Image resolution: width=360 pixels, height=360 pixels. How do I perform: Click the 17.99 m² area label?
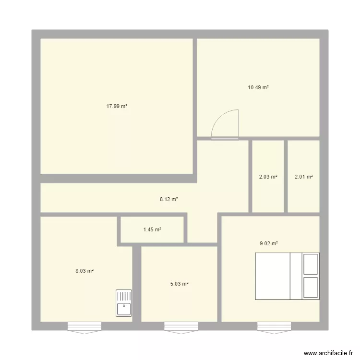point(117,107)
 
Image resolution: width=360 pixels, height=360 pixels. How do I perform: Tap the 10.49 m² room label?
point(258,87)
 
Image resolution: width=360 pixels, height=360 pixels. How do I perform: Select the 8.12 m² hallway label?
point(168,199)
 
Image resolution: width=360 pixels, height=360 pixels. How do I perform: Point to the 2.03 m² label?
point(268,177)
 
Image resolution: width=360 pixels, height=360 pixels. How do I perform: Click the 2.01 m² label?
point(303,177)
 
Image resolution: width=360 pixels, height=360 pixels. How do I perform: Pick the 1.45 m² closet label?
point(152,229)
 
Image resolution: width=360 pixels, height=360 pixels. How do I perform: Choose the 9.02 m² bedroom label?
point(269,243)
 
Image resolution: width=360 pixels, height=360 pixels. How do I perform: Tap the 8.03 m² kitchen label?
point(84,271)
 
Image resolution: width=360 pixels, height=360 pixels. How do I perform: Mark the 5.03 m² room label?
point(179,284)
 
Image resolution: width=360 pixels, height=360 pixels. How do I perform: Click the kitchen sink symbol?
point(124,303)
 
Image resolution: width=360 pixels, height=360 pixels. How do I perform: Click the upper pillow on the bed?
point(311,264)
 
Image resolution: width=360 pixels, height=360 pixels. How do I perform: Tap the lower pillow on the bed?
point(311,288)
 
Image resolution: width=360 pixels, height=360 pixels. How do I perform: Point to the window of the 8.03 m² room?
point(84,327)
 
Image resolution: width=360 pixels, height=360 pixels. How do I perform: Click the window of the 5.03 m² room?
point(181,327)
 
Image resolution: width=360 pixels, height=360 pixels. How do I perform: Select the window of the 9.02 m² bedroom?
point(274,327)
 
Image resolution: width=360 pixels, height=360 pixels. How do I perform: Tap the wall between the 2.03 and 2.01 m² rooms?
point(286,176)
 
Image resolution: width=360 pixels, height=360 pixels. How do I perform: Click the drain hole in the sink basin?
point(124,305)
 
